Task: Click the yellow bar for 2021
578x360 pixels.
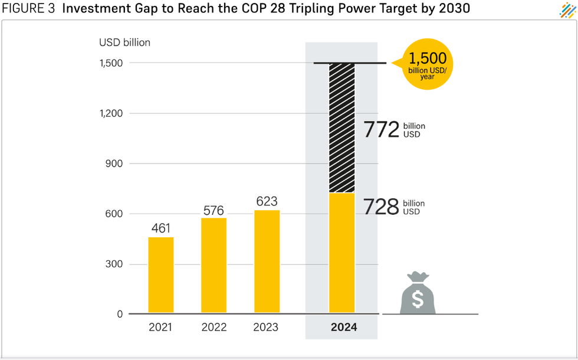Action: click(x=161, y=275)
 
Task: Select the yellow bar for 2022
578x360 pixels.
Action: click(x=214, y=266)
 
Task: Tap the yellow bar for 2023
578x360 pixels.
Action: click(x=267, y=261)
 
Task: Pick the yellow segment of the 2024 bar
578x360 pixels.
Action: click(x=341, y=253)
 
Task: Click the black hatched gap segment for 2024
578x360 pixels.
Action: click(x=341, y=127)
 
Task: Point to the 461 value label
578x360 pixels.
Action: click(x=161, y=228)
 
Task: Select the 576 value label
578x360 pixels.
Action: click(x=214, y=210)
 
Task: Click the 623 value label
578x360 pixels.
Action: click(x=267, y=202)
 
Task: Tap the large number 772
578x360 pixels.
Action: click(x=381, y=130)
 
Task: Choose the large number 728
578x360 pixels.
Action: click(x=381, y=207)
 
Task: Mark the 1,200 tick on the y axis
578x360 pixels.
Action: click(x=110, y=113)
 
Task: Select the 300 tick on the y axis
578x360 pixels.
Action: click(x=114, y=264)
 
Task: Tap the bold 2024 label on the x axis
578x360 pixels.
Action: click(x=344, y=327)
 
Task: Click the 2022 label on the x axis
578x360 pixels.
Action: click(x=214, y=327)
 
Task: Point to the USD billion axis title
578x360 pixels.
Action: click(x=124, y=42)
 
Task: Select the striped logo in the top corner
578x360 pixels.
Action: click(x=567, y=10)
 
